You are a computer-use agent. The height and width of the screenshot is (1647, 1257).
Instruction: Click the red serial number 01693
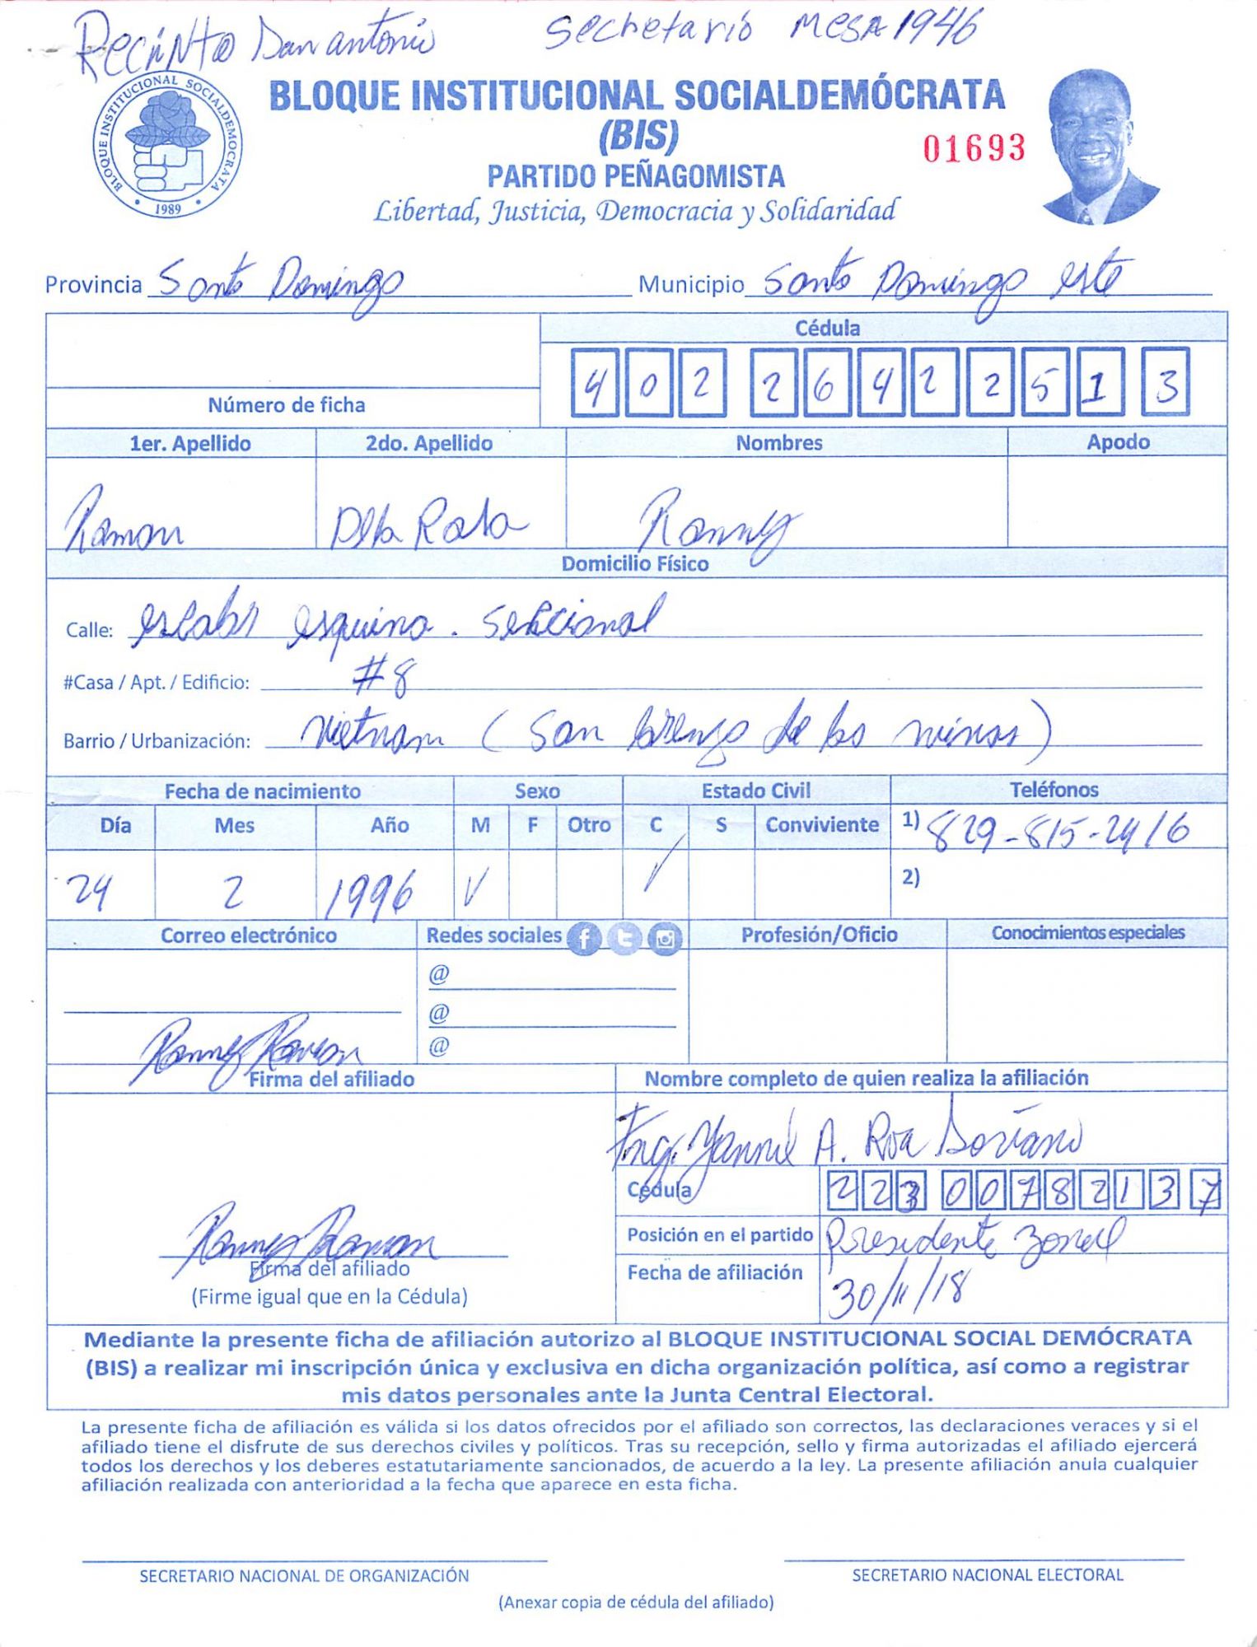pos(974,148)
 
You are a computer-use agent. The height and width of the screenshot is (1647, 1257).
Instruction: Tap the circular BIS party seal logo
pos(167,146)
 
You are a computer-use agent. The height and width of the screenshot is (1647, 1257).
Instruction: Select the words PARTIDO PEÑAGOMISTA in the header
pos(635,176)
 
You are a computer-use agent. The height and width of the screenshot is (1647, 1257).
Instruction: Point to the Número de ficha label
pos(286,405)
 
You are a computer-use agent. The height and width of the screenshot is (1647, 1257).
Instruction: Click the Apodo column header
pos(1117,442)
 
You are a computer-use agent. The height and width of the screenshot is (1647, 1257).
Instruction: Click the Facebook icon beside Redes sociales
pos(584,938)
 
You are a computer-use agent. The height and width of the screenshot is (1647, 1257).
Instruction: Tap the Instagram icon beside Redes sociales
pos(665,938)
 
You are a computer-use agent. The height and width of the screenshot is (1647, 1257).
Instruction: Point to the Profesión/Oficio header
pos(819,935)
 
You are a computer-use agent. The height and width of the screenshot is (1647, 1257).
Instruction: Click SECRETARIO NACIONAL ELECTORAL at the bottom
pos(987,1575)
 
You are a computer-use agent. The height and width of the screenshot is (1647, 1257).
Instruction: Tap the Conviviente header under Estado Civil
pos(821,825)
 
